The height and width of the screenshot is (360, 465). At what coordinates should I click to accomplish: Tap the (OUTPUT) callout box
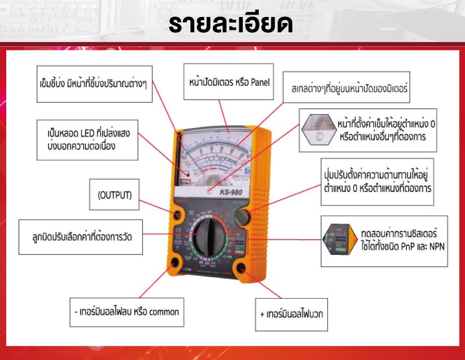114,195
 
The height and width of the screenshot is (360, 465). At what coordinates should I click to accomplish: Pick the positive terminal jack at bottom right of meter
242,268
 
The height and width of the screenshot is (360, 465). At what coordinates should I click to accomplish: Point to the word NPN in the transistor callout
436,246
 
